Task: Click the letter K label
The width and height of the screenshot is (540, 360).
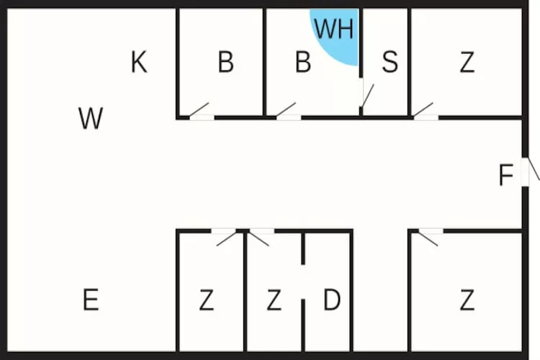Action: [139, 62]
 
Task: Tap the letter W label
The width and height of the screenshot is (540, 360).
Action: [91, 118]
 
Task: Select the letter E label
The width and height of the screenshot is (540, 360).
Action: [91, 300]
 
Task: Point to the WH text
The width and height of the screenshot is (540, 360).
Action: [334, 29]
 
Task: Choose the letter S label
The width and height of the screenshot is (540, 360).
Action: [390, 62]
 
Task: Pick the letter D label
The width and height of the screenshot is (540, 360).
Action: [332, 300]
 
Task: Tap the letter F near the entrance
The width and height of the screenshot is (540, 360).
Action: [506, 175]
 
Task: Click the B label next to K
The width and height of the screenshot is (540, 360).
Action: [226, 62]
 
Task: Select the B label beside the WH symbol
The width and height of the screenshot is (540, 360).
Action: [303, 62]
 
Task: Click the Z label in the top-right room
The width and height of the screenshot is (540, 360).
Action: [467, 62]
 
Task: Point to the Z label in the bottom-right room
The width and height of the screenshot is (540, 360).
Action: [467, 300]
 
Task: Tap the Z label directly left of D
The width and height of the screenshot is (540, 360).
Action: [274, 300]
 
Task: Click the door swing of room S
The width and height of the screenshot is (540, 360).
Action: [367, 95]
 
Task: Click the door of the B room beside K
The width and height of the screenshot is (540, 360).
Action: [202, 111]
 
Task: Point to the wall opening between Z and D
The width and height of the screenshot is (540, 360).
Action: [303, 282]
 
